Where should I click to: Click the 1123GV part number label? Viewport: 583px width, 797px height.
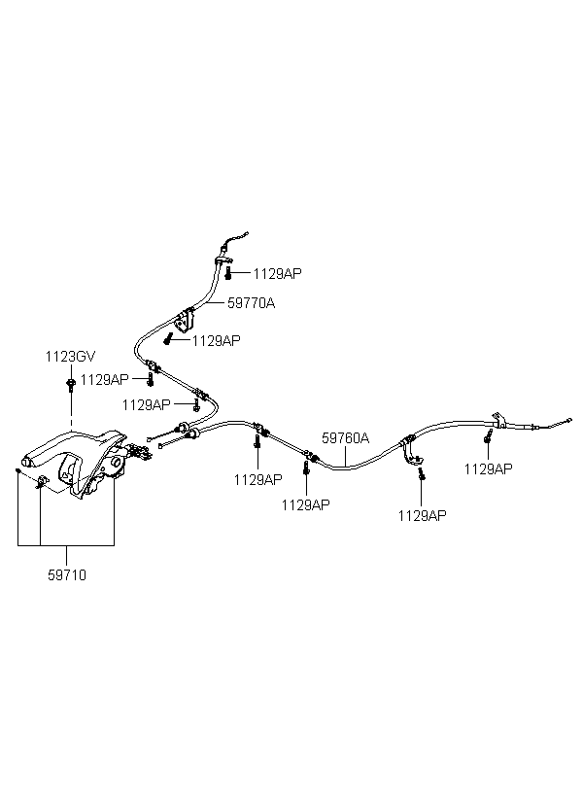coord(70,357)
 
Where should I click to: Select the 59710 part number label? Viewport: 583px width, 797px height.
coord(67,575)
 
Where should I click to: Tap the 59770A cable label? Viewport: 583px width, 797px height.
coord(251,303)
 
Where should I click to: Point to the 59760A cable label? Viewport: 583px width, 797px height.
coord(346,438)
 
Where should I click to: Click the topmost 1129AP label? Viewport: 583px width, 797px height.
coord(278,274)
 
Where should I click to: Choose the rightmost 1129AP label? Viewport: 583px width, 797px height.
coord(489,469)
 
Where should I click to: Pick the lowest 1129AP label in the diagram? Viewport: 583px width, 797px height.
coord(423,516)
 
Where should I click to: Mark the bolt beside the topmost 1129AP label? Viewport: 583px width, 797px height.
coord(228,273)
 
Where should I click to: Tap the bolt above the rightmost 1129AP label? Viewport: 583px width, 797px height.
coord(488,436)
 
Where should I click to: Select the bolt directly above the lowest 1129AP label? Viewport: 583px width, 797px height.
coord(422,474)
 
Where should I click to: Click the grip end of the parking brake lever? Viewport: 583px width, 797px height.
coord(30,461)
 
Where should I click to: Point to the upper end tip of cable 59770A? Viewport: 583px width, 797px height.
coord(248,234)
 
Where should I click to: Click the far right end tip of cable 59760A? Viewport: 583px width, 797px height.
coord(569,420)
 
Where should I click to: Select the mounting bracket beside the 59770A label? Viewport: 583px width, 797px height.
coord(185,320)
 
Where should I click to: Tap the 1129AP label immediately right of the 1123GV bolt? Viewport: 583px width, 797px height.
coord(105,380)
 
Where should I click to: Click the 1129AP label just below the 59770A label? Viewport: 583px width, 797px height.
coord(217,341)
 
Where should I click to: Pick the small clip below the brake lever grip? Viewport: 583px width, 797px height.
coord(42,481)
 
